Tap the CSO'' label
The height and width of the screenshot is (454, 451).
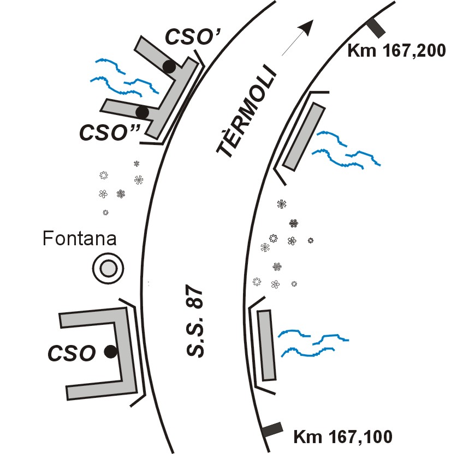tap(109, 132)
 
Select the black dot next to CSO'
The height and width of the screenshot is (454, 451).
tap(169, 67)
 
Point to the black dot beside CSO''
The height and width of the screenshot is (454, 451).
tap(143, 112)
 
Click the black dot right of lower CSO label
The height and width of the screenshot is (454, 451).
tap(111, 352)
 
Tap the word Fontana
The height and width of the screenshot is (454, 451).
tap(80, 238)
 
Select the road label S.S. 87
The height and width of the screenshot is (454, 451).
tap(194, 321)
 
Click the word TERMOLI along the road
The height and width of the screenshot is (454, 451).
tap(246, 112)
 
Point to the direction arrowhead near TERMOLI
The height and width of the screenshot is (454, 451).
tap(307, 26)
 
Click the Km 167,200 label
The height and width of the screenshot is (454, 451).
tap(396, 51)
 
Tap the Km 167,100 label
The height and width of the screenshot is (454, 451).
tap(343, 436)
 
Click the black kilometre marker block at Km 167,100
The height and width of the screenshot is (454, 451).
tap(272, 429)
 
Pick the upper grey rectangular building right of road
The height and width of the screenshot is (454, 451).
tap(304, 136)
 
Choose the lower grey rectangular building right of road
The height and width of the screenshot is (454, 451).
tap(266, 345)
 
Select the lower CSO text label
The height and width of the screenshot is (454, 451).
tap(72, 353)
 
